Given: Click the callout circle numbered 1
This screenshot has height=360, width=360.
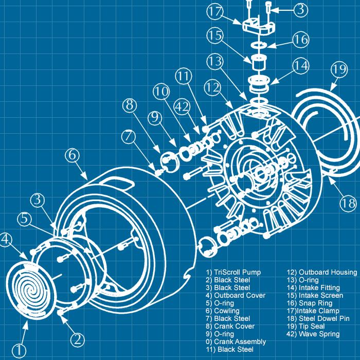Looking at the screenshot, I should click(x=19, y=350).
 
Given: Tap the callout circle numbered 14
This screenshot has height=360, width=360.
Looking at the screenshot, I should click(x=301, y=66).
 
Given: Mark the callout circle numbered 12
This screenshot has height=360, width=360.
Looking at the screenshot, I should click(x=212, y=87).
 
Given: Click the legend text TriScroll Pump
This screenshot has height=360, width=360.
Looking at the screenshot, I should click(x=237, y=272).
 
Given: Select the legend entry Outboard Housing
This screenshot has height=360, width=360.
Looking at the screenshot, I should click(x=328, y=272).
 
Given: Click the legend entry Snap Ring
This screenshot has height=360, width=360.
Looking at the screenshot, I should click(x=315, y=303).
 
